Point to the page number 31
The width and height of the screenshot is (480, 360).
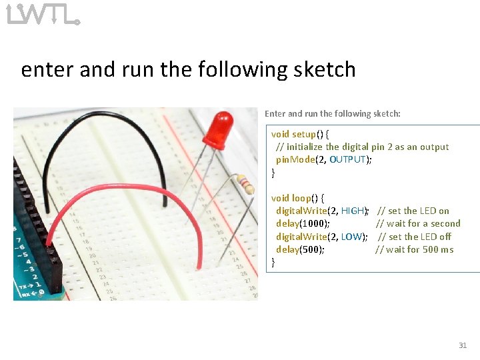[x=463, y=345]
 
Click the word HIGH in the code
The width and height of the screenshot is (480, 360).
[x=352, y=211]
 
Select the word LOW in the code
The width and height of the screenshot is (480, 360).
[x=351, y=237]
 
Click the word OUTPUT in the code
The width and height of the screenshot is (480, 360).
[x=347, y=159]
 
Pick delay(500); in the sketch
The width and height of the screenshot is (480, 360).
[x=300, y=249]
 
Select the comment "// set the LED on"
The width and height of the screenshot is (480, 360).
[x=413, y=211]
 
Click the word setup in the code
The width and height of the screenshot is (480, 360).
[x=305, y=134]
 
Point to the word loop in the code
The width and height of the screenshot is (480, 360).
[x=302, y=198]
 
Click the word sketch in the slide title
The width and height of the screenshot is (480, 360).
[x=323, y=69]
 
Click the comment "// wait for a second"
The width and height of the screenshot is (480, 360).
[x=418, y=224]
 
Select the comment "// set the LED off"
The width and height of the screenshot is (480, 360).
[x=415, y=237]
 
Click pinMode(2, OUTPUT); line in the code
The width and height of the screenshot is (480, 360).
[x=324, y=159]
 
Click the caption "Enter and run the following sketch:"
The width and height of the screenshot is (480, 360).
[x=333, y=114]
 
